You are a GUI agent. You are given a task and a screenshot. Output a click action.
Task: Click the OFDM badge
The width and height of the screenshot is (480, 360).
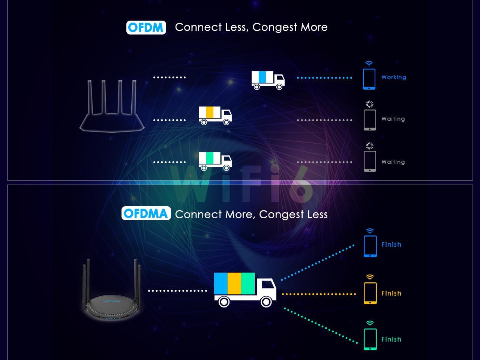[x=146, y=27]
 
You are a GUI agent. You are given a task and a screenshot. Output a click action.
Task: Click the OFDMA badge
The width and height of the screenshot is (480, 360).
[x=146, y=213]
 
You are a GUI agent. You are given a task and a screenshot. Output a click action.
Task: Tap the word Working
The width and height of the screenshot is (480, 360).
[x=394, y=77]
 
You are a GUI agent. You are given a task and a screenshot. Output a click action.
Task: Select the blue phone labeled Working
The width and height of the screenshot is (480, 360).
[x=369, y=79]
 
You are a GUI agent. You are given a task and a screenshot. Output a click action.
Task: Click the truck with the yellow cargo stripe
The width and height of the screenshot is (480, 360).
[x=215, y=115]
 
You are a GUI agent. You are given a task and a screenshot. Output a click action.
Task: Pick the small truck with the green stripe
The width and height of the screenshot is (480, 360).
[x=215, y=161]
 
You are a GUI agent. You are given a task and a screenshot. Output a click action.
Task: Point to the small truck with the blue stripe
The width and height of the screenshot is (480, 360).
[x=268, y=80]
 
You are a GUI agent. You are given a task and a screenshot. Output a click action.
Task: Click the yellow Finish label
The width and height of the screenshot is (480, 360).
[x=391, y=293]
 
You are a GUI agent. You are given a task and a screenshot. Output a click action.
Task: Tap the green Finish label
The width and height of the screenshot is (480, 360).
[x=391, y=339]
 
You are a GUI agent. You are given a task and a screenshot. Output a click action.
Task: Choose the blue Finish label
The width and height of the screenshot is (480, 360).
[x=391, y=244]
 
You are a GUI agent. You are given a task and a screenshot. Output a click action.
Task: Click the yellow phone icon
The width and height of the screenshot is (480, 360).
[x=370, y=293]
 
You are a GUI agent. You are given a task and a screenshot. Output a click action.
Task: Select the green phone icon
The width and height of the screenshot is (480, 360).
[x=370, y=339]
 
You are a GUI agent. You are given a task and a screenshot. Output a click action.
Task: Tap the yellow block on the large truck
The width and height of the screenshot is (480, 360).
[x=234, y=283]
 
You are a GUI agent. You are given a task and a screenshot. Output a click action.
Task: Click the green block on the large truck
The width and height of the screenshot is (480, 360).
[x=248, y=283]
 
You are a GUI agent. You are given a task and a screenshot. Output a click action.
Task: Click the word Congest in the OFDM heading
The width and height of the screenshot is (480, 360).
[x=274, y=27]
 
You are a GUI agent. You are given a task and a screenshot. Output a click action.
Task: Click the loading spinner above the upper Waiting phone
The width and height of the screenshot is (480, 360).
[x=370, y=104]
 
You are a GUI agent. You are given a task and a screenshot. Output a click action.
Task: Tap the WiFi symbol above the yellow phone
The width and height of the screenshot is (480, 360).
[x=370, y=277]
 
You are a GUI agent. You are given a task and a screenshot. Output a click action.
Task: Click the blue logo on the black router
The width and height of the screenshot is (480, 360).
[x=111, y=301]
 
